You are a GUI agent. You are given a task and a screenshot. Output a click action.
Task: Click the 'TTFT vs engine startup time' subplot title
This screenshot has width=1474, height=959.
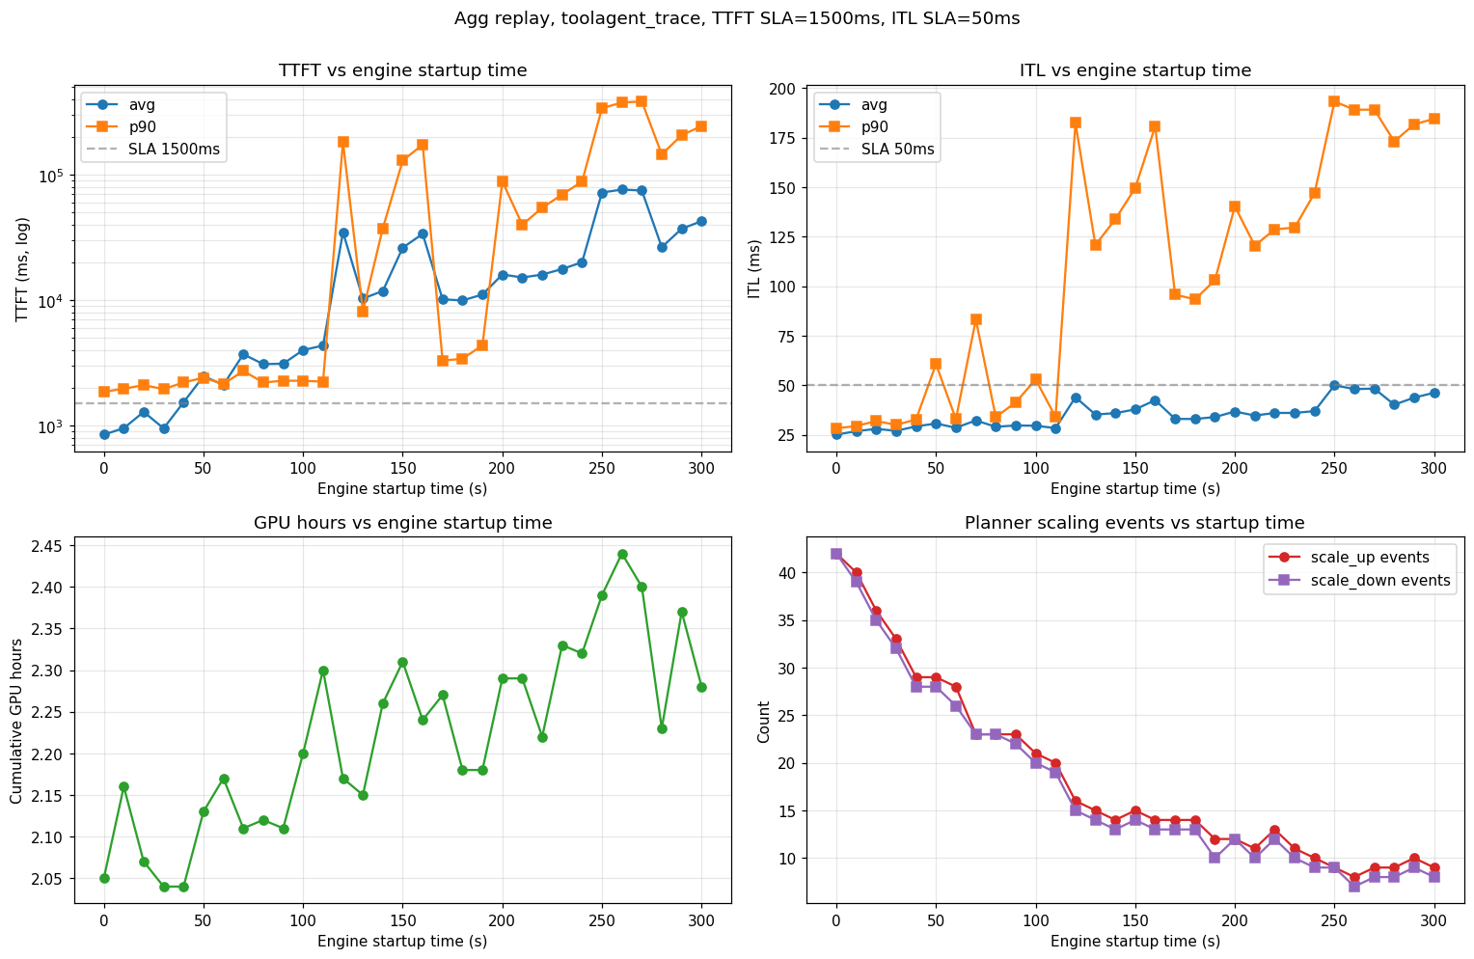click(402, 70)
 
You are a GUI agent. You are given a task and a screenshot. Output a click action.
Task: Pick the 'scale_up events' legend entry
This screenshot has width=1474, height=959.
click(1369, 557)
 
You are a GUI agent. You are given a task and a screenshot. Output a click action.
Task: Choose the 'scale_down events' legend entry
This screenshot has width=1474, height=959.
click(1379, 580)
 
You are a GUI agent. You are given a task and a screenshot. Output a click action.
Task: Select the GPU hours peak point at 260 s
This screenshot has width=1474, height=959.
click(622, 554)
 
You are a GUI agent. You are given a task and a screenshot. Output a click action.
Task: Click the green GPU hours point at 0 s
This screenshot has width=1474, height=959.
click(104, 878)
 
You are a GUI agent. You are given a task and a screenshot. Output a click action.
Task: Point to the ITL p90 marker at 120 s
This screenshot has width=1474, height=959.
click(1076, 123)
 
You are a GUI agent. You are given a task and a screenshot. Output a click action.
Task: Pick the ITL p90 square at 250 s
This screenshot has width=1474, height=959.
click(1334, 101)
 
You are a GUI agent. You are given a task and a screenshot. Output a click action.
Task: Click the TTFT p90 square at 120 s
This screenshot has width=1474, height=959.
click(342, 142)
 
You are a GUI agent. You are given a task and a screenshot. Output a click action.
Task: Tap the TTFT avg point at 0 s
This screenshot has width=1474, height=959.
click(104, 435)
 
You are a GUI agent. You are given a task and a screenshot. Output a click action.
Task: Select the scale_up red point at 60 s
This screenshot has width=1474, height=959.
click(956, 687)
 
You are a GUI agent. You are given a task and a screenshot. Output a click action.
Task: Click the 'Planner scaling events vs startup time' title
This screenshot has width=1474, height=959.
click(1134, 523)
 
